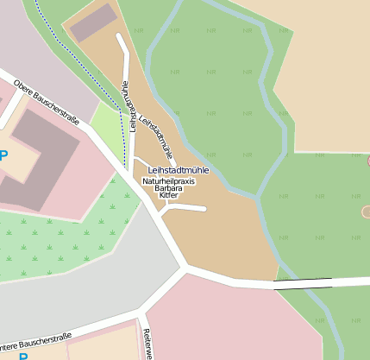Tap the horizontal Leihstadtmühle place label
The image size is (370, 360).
[179, 171]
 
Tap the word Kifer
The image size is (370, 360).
[168, 196]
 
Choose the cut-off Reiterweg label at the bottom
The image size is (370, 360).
[147, 344]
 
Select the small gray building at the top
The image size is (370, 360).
[93, 22]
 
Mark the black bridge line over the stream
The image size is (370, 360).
[303, 281]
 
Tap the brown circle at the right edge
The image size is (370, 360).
[366, 212]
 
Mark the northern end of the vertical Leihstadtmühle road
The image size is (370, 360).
[119, 36]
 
